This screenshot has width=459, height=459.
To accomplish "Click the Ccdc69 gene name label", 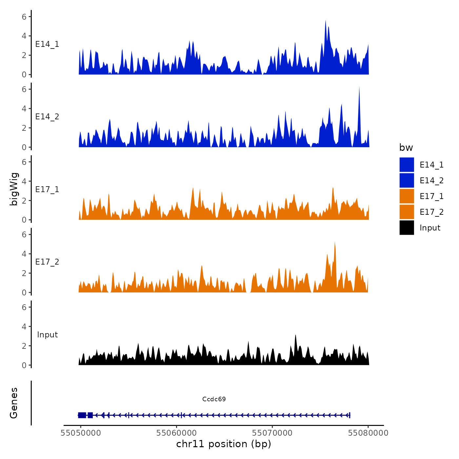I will coord(214,399).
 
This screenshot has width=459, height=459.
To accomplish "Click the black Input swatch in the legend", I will coord(407,228).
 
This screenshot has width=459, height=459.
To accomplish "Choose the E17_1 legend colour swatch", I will coord(407,196).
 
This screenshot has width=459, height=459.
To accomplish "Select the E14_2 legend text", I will coord(431,181).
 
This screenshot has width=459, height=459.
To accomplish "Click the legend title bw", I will coord(406,148).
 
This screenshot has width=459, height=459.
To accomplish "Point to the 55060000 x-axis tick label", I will coord(176,433).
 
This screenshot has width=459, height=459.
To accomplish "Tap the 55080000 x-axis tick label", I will coord(368,433).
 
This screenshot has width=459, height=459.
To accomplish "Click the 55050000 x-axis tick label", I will coord(81,433).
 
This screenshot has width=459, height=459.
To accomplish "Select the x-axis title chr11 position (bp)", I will coord(224,444).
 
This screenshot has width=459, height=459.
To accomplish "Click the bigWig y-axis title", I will coord(14,189).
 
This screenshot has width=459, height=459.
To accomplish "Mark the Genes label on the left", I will coord(14,403).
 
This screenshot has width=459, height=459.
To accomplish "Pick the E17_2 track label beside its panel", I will coord(47,262).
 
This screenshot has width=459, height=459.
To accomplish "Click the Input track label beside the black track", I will coord(47,335).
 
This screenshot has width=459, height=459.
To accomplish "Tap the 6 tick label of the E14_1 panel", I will coord(24,16).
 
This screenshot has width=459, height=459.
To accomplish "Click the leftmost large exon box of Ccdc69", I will coord(82,415).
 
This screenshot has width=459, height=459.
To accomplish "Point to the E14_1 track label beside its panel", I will coord(47,44).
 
